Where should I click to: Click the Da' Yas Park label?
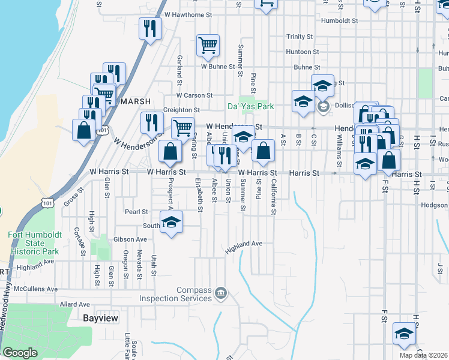(250, 106)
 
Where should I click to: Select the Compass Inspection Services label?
(176, 294)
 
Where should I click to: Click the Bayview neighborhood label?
(100, 318)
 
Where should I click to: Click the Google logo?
(20, 353)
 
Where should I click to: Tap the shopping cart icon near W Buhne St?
(208, 46)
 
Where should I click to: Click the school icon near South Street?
(171, 222)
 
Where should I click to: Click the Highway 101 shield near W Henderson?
(103, 130)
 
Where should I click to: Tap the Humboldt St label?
(339, 20)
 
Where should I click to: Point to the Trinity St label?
(300, 37)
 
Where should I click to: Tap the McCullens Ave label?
(35, 289)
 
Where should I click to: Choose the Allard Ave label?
(74, 304)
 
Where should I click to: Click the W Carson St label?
(194, 95)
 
